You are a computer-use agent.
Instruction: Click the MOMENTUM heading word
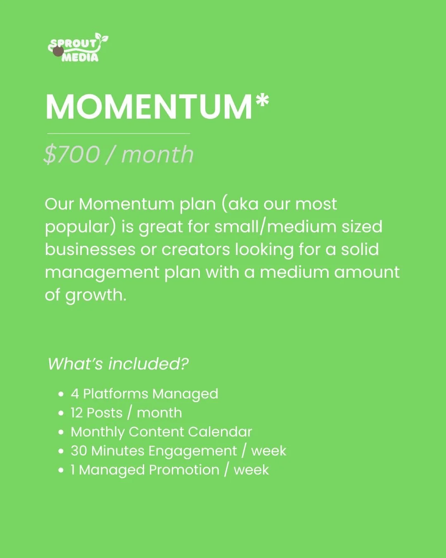149,107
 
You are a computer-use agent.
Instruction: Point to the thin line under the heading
119,134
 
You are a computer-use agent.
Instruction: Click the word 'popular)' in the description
80,227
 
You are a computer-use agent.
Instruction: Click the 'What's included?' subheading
118,364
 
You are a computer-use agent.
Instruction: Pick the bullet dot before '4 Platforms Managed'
61,394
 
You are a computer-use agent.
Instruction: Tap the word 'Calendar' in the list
220,432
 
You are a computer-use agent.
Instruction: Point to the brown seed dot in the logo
58,52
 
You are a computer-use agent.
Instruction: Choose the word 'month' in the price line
157,155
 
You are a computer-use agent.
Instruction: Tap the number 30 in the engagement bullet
78,451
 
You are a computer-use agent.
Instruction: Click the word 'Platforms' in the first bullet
116,394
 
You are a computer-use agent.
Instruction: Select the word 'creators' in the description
195,250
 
